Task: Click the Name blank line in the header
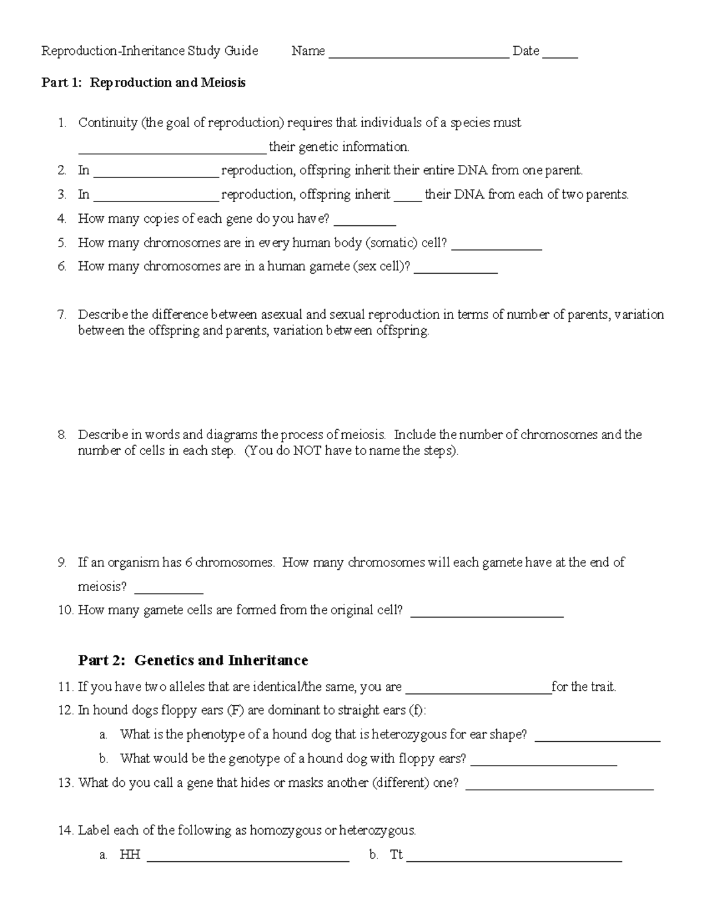[418, 56]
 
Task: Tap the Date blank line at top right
[560, 56]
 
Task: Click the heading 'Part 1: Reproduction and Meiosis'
[143, 83]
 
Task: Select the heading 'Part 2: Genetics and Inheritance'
[193, 660]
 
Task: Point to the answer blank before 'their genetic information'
[173, 151]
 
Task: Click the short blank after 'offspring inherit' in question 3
[408, 199]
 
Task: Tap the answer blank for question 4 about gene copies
[365, 223]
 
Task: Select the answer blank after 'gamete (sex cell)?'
[456, 271]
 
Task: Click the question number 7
[62, 314]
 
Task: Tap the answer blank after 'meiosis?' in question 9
[169, 591]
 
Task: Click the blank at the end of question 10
[487, 615]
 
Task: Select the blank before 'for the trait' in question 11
[479, 692]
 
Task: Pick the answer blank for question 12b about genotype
[544, 763]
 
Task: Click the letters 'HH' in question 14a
[129, 855]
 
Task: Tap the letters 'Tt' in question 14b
[396, 855]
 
